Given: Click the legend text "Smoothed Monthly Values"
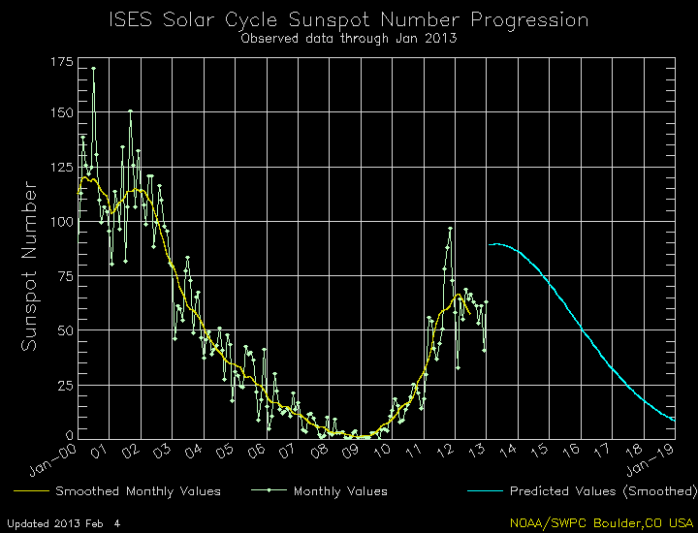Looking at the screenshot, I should click(138, 491).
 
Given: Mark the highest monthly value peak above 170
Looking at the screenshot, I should click(93, 68).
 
